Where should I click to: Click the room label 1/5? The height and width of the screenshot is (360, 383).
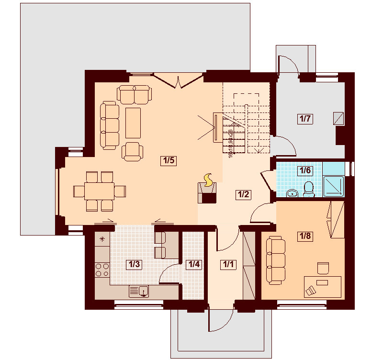coord(169,161)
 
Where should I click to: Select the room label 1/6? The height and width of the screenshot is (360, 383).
coord(305,170)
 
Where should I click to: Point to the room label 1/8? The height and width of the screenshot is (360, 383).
coord(305,236)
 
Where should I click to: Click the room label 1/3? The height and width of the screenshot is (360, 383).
coord(134,264)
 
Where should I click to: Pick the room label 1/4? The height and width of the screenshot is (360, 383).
coord(194,264)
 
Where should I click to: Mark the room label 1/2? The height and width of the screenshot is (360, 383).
coord(243,194)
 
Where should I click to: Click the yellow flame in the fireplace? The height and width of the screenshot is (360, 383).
coord(208,180)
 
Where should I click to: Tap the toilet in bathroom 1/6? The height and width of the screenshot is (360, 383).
coord(309,190)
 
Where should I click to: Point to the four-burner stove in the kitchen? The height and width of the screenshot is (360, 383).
coord(102,270)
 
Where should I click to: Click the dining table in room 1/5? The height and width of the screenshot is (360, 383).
coord(100,191)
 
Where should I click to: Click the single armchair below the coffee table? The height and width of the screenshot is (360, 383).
coord(133,151)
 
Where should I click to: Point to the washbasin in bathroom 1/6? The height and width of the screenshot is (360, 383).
coord(292,194)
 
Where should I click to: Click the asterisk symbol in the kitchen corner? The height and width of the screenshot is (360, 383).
coord(101,238)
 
